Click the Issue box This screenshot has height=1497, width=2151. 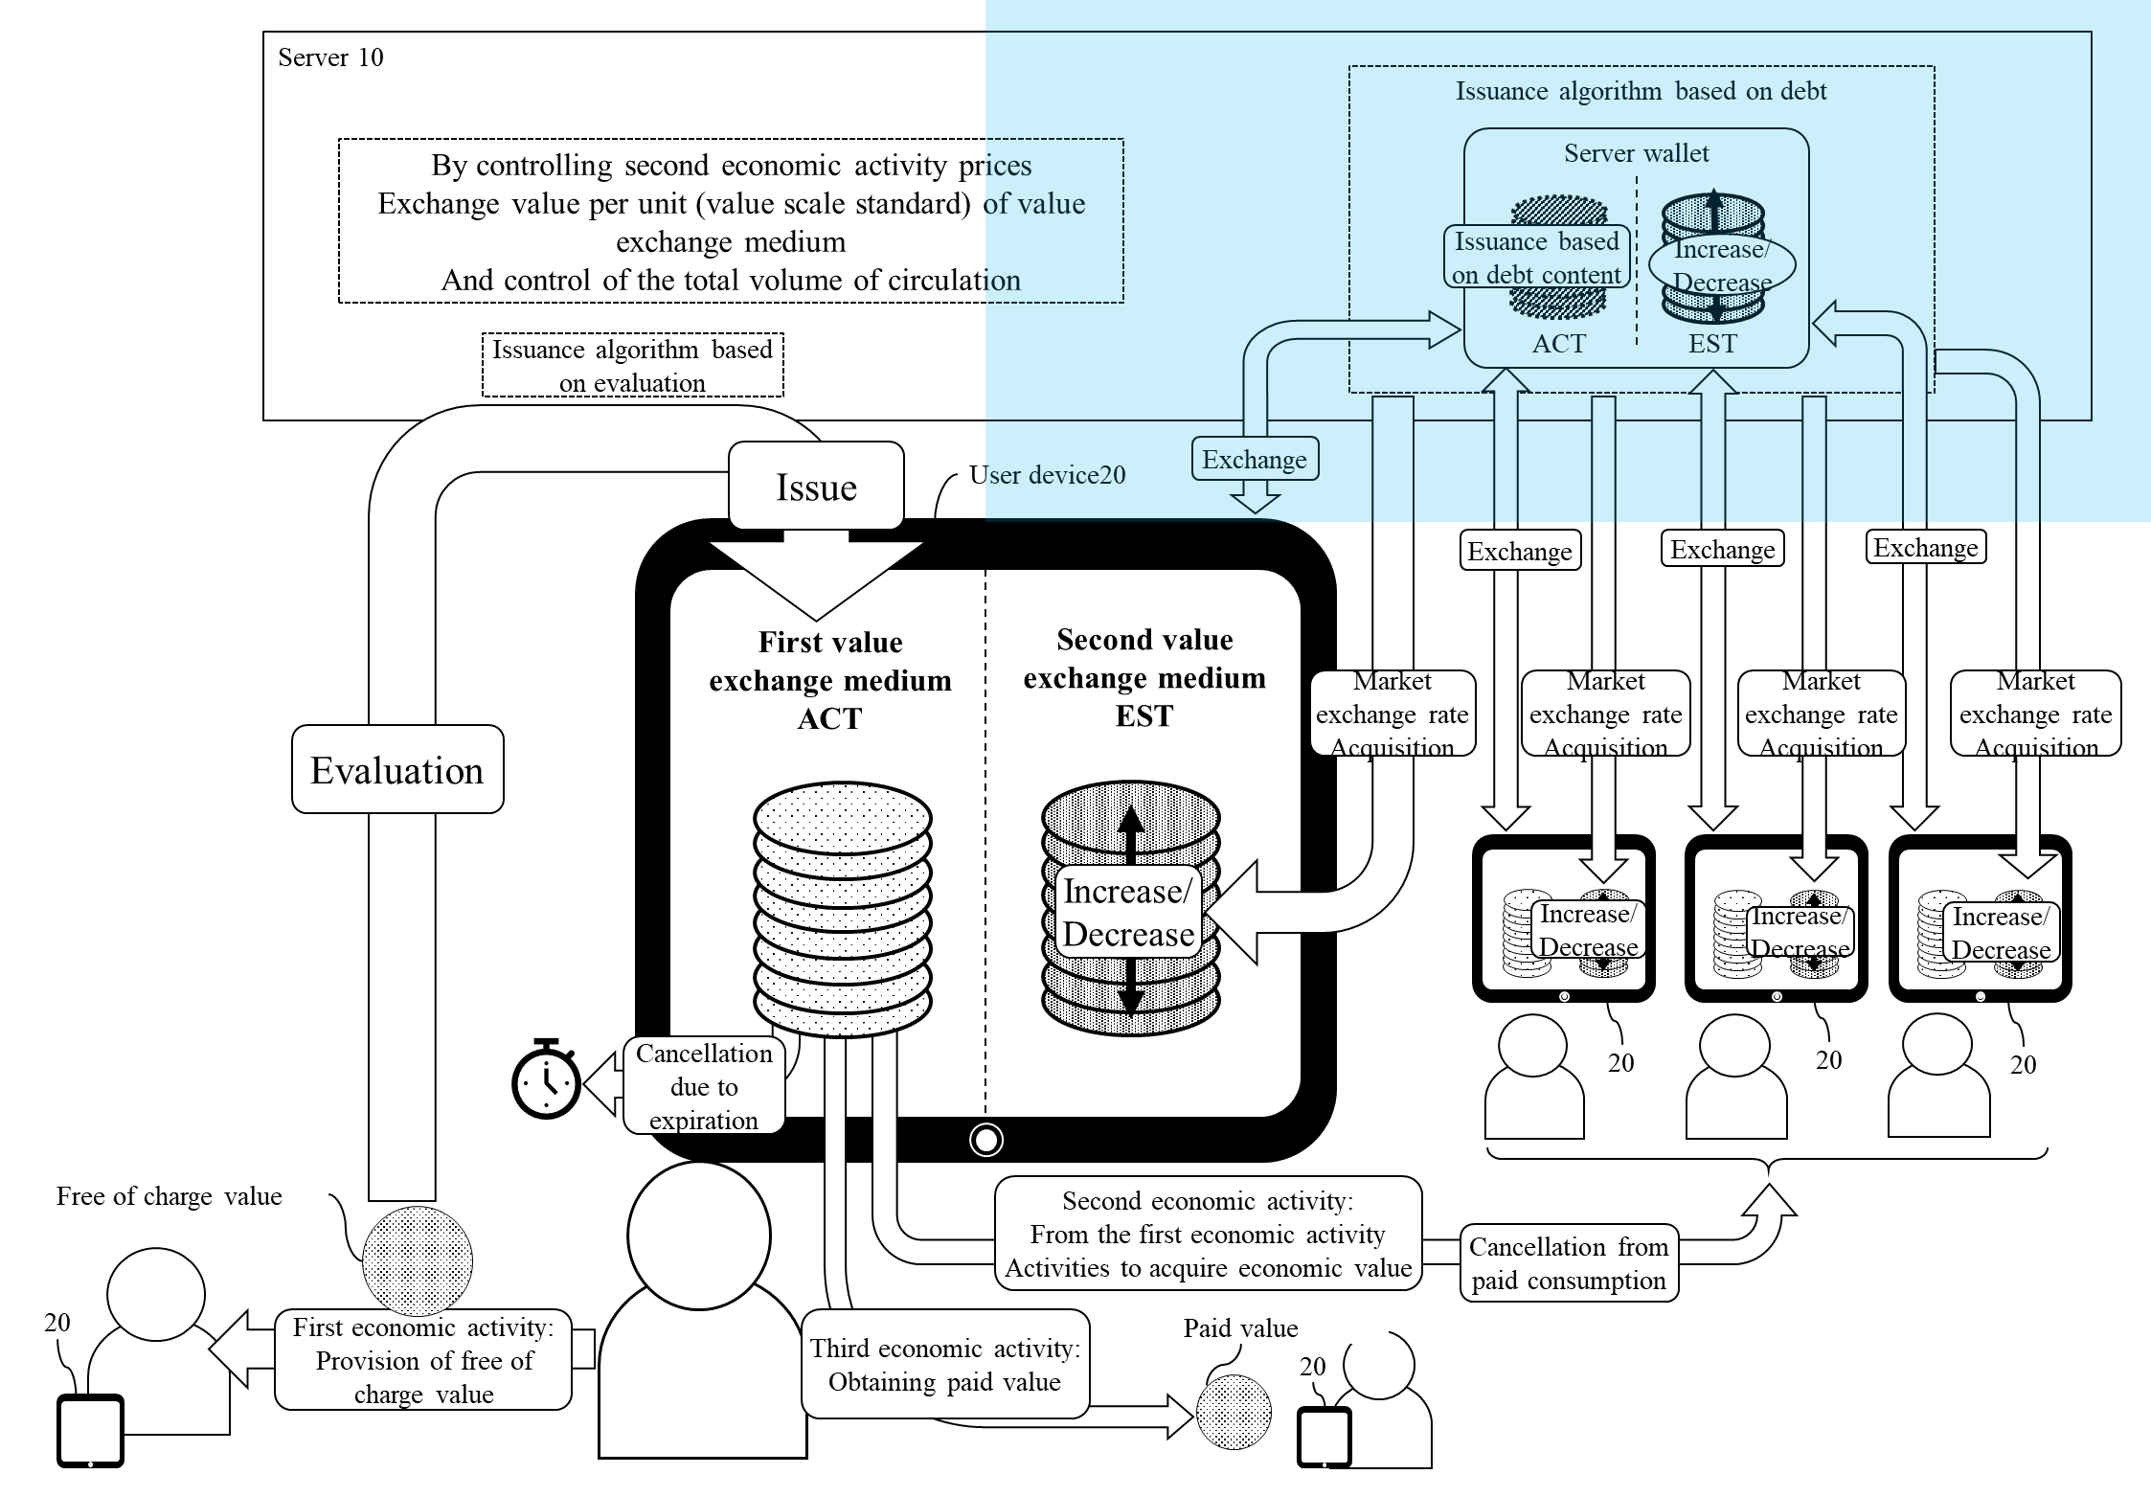click(816, 487)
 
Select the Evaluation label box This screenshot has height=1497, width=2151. click(397, 770)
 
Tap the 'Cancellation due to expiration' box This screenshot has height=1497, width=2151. click(704, 1086)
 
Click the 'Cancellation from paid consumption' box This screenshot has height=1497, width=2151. click(1569, 1263)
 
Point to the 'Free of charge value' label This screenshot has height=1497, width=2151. click(170, 1195)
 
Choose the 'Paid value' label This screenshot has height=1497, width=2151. click(1240, 1327)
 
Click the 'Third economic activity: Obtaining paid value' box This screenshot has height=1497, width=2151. click(945, 1365)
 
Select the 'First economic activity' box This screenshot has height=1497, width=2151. click(423, 1360)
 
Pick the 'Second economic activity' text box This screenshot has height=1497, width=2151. click(1208, 1234)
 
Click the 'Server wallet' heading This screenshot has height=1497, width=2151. click(1636, 153)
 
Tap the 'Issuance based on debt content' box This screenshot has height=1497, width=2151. click(1536, 258)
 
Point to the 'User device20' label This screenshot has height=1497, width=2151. click(1053, 475)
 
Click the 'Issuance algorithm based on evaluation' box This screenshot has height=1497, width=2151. click(632, 365)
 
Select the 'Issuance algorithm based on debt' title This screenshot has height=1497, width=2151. click(1641, 91)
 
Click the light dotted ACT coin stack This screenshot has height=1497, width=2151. click(843, 910)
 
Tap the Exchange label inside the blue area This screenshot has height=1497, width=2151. click(1255, 460)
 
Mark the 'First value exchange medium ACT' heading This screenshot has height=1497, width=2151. click(830, 680)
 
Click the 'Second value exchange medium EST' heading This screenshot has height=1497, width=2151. click(1144, 677)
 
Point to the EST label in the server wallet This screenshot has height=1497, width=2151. click(1712, 343)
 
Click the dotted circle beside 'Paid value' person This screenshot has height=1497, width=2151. click(1234, 1412)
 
